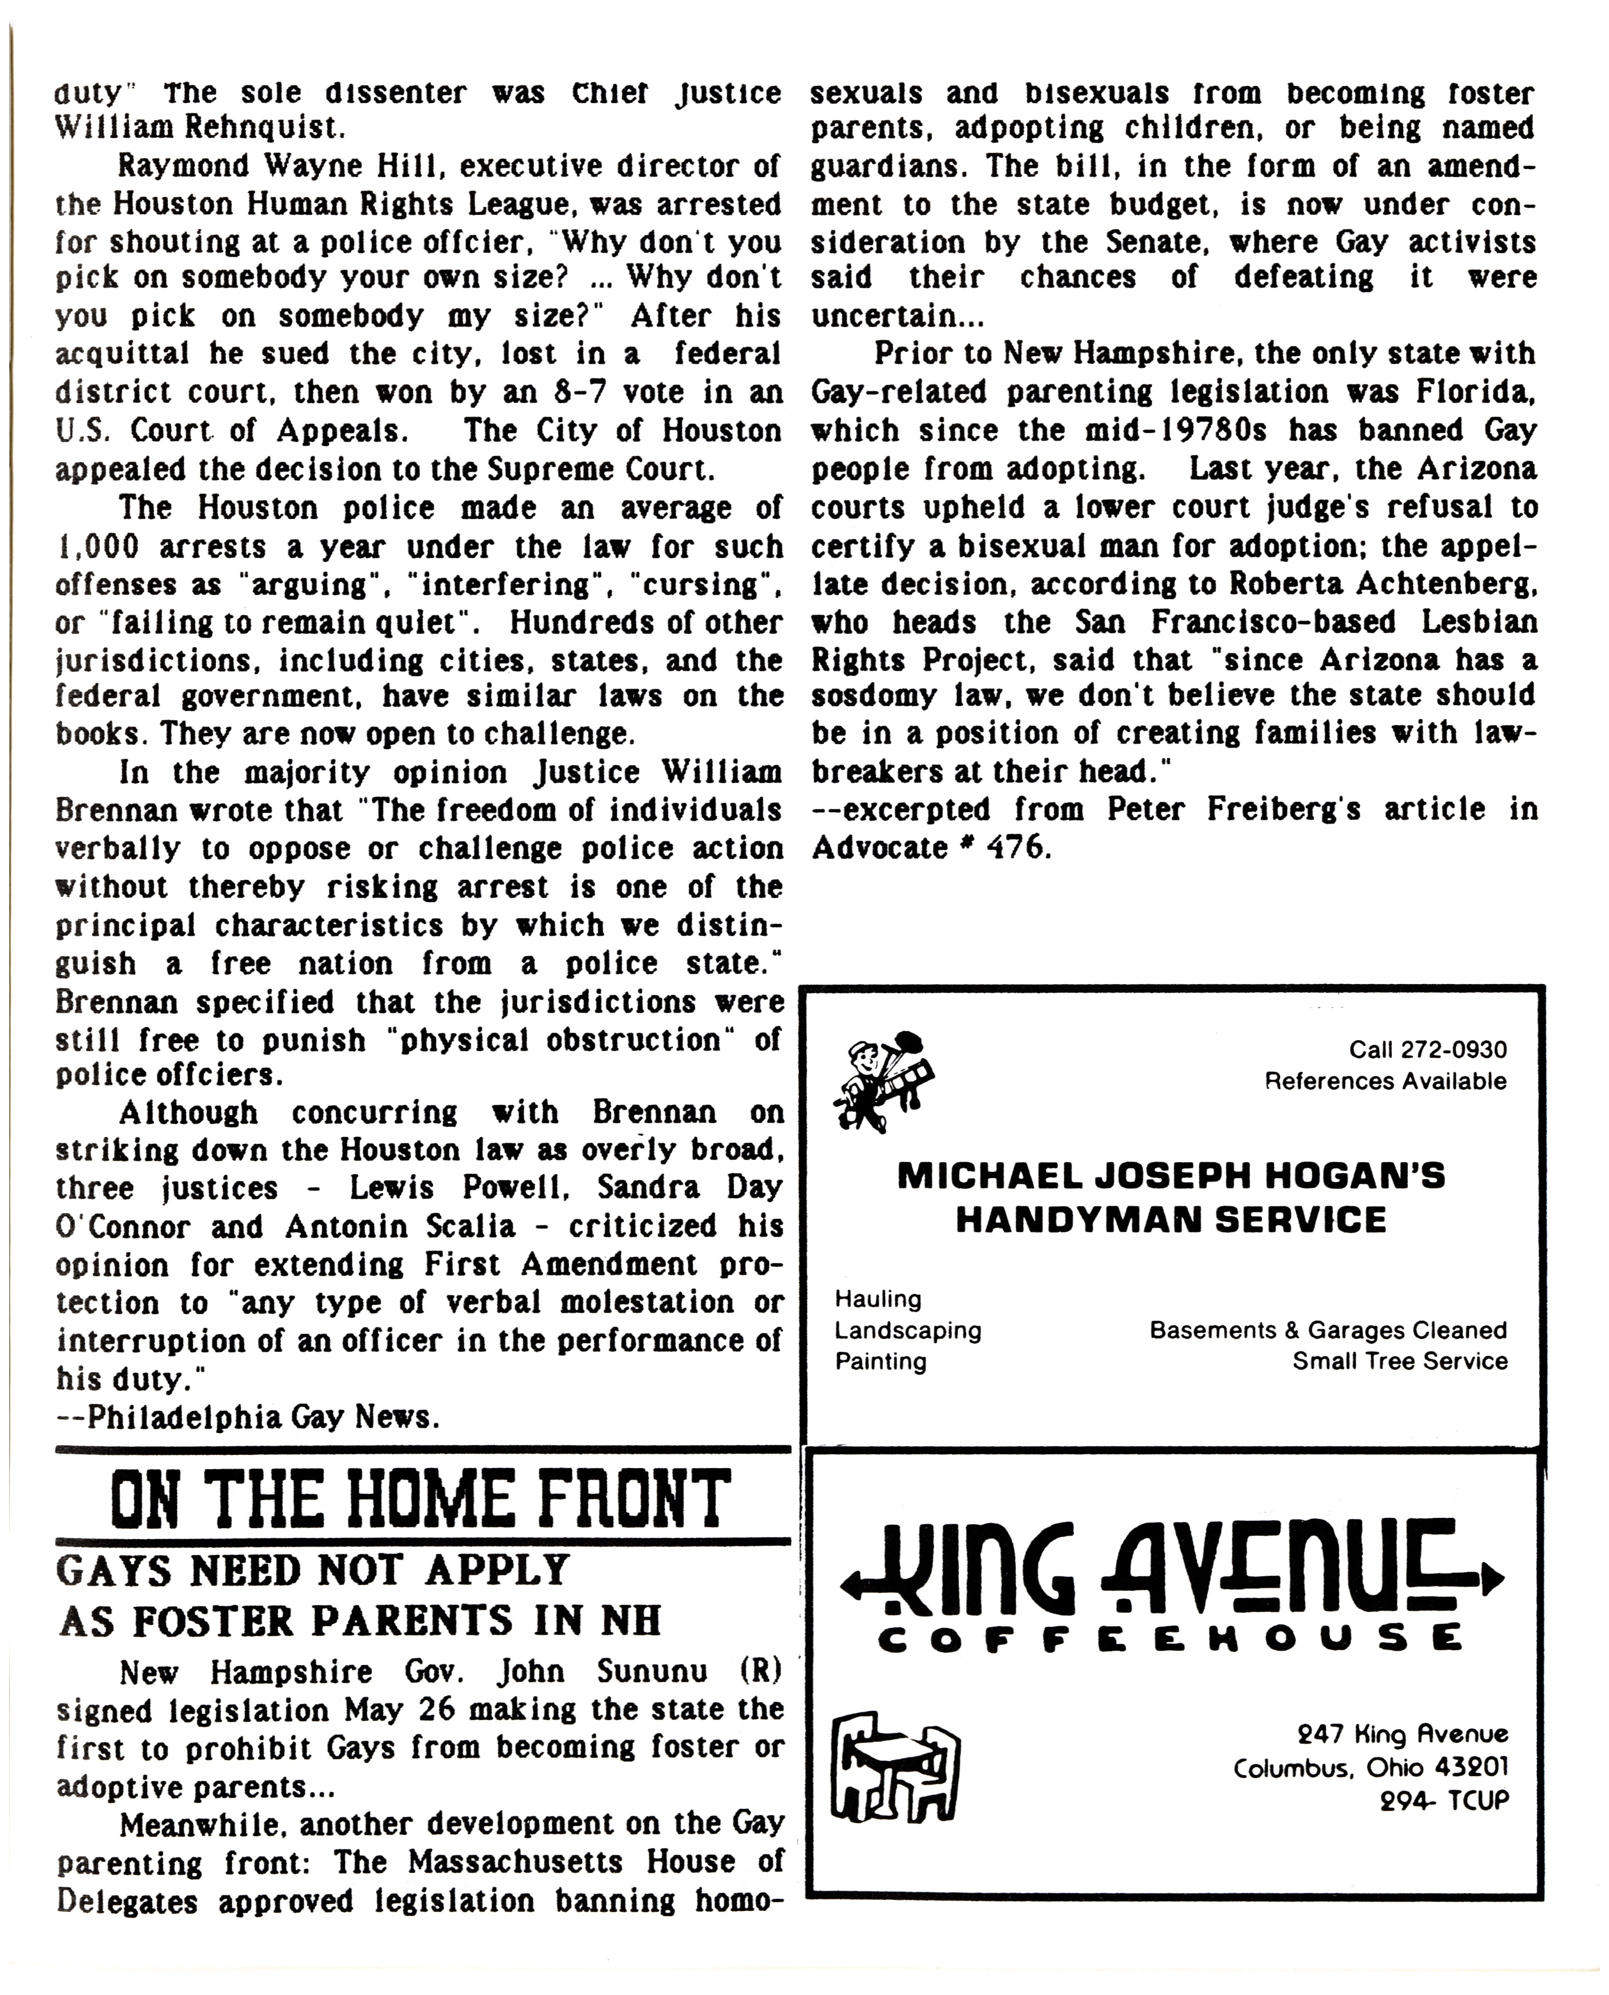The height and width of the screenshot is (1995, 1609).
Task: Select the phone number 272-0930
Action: [x=1453, y=1050]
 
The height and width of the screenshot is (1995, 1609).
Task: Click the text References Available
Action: [x=1386, y=1081]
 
